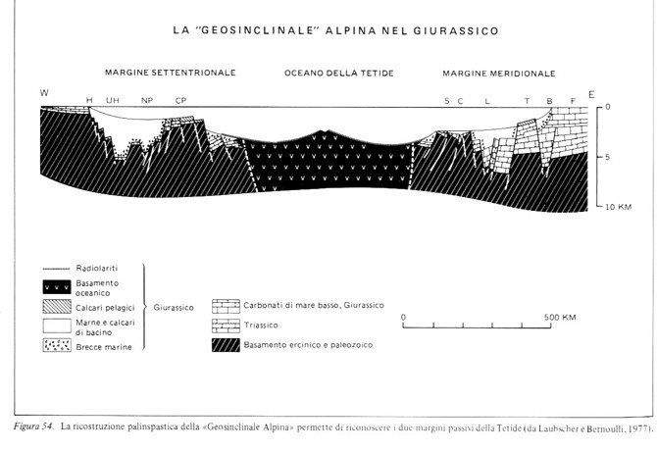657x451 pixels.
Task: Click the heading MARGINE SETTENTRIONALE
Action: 170,73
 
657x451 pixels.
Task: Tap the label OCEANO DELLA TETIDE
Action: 339,74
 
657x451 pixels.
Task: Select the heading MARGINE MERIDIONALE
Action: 499,74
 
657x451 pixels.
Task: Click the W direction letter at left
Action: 44,92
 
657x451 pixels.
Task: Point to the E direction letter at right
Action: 591,94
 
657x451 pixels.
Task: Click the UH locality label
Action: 113,101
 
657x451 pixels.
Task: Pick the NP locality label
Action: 147,101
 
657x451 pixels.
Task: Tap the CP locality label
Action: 180,101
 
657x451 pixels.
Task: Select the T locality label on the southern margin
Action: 527,101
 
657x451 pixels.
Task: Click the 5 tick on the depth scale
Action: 607,157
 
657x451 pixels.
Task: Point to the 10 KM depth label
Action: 618,207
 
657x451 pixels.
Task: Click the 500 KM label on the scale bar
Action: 560,317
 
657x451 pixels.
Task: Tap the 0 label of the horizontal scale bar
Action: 403,317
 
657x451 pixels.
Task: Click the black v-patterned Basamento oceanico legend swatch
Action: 57,287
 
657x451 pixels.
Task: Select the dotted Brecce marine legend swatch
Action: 57,345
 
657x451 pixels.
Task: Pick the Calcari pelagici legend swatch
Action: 57,307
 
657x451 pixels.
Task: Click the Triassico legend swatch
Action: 226,326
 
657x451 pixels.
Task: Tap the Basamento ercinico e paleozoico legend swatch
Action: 226,345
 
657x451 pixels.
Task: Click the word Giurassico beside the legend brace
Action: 174,308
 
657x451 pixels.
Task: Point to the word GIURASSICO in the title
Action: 456,31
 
